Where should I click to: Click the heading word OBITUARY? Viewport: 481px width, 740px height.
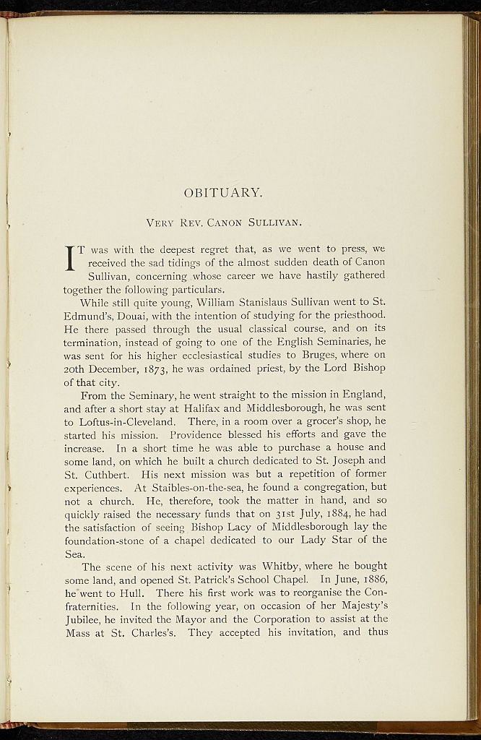click(x=223, y=193)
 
